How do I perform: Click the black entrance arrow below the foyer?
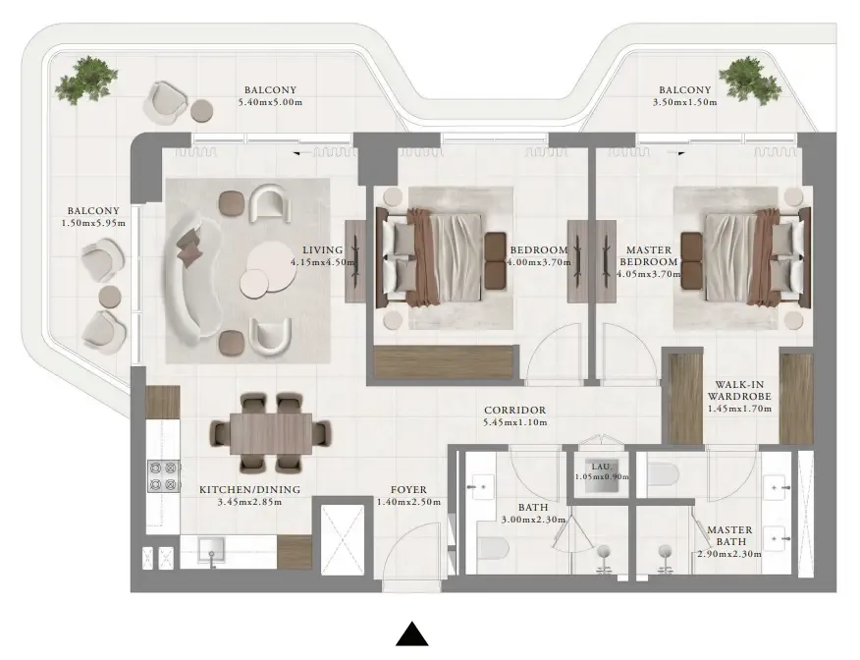tap(412, 635)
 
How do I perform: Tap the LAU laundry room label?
tap(601, 467)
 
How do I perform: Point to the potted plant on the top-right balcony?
tap(750, 75)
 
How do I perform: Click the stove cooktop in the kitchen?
tap(163, 476)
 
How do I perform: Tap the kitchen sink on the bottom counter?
tap(208, 551)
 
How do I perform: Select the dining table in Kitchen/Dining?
tap(270, 432)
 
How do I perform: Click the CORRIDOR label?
tap(514, 411)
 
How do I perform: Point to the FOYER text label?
tap(408, 489)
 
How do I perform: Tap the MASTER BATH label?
tap(729, 530)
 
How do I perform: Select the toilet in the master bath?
tap(664, 476)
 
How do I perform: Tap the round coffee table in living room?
tap(266, 269)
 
